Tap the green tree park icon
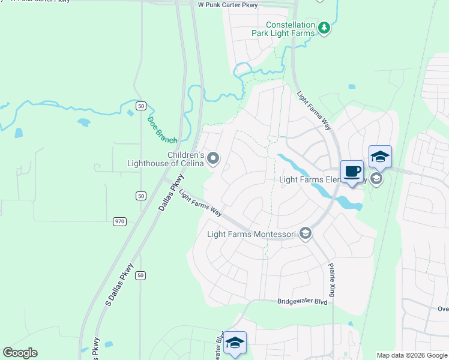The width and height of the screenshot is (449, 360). (x=324, y=28)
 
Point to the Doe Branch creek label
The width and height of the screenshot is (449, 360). (x=162, y=130)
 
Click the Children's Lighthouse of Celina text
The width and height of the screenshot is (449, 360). (x=166, y=158)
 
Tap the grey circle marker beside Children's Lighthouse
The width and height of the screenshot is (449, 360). (x=214, y=158)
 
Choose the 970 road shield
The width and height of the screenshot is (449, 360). (x=119, y=221)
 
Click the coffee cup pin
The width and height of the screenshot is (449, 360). (x=352, y=172)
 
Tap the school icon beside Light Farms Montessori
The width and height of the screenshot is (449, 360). (x=306, y=233)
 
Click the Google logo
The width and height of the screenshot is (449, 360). (x=20, y=353)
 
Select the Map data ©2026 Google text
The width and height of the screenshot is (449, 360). (x=411, y=355)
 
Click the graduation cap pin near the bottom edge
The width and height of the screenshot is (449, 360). (x=235, y=342)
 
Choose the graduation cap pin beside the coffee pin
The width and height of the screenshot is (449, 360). (x=380, y=157)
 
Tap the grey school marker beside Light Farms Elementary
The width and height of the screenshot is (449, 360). (x=376, y=178)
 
